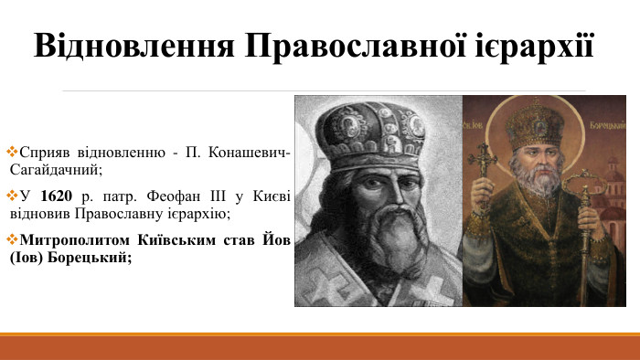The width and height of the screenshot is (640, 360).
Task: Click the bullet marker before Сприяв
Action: pyautogui.click(x=11, y=150)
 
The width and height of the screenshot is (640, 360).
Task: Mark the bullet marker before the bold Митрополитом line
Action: pyautogui.click(x=11, y=241)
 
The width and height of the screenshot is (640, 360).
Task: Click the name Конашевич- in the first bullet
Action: pyautogui.click(x=246, y=150)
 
